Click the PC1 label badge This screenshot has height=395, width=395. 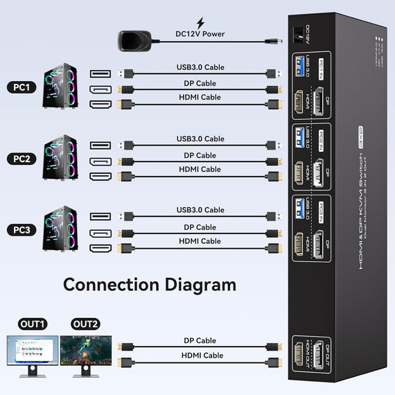pyautogui.click(x=21, y=87)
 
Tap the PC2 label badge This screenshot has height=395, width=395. pyautogui.click(x=21, y=159)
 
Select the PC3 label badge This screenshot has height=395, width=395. pyautogui.click(x=21, y=230)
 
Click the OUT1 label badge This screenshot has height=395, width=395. pyautogui.click(x=32, y=324)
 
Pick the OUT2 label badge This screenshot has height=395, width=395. pyautogui.click(x=85, y=324)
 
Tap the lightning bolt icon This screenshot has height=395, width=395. pyautogui.click(x=200, y=22)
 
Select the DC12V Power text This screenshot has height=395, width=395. pyautogui.click(x=200, y=33)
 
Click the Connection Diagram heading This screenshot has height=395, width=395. pyautogui.click(x=150, y=284)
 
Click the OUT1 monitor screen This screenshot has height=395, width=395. pyautogui.click(x=32, y=351)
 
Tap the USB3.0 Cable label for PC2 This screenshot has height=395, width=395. pyautogui.click(x=200, y=139)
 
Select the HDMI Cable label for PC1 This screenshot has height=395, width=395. pyautogui.click(x=200, y=97)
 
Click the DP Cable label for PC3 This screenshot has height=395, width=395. pyautogui.click(x=200, y=227)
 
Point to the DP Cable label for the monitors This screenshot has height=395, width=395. pyautogui.click(x=200, y=340)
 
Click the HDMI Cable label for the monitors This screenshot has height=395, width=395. pyautogui.click(x=201, y=355)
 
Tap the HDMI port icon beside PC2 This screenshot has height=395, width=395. pyautogui.click(x=100, y=176)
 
